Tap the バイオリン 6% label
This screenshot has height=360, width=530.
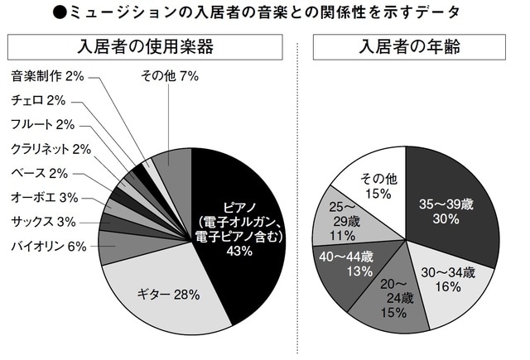tap(48, 246)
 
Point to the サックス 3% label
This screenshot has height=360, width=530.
tap(44, 221)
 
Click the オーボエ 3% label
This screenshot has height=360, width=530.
tap(44, 197)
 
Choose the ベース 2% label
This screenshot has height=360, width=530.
tap(40, 173)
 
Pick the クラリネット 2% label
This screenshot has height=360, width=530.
tap(51, 149)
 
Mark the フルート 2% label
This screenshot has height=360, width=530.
tap(43, 124)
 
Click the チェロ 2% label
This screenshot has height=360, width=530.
tap(38, 100)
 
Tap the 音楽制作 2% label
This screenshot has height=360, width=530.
tap(48, 76)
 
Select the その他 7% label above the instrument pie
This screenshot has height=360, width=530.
tap(171, 76)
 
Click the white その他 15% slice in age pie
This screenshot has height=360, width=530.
tap(377, 182)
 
